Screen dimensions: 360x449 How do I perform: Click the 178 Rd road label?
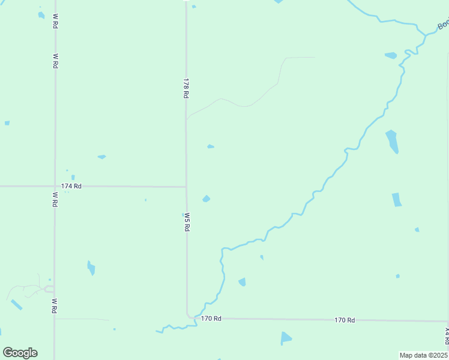(x=186, y=88)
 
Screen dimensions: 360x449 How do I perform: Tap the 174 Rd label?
(x=71, y=187)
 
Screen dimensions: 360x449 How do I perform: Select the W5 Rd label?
(x=187, y=222)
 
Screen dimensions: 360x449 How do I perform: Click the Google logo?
(x=20, y=353)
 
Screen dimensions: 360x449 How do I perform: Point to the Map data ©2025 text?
(x=423, y=355)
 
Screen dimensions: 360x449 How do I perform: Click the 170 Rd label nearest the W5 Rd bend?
(x=211, y=318)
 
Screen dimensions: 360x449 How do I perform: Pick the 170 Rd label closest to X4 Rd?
(x=345, y=320)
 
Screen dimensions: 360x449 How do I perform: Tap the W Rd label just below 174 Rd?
(x=55, y=199)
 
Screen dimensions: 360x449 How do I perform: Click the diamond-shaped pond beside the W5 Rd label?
(x=206, y=199)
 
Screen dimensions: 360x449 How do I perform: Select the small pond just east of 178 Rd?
(x=211, y=146)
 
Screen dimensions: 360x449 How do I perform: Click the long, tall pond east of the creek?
(x=392, y=142)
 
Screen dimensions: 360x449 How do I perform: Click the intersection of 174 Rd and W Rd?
(x=55, y=187)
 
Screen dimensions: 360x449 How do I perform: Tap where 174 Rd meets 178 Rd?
(x=186, y=187)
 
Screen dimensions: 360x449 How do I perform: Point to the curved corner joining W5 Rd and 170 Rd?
(x=189, y=315)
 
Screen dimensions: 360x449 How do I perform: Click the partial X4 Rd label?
(x=447, y=332)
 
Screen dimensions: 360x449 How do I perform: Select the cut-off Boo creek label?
(x=443, y=25)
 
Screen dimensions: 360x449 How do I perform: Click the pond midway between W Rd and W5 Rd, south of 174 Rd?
(x=91, y=268)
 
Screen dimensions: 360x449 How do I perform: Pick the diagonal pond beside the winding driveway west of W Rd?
(x=16, y=305)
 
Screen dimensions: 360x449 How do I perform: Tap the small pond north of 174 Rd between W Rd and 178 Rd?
(x=101, y=157)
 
